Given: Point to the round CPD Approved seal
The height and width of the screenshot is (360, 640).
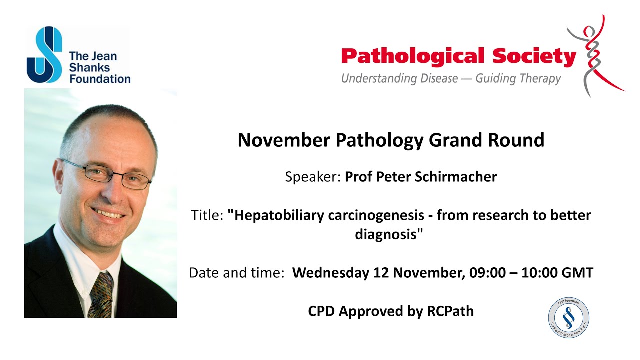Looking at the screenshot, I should [568, 318].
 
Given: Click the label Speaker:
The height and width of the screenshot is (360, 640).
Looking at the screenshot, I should [313, 177].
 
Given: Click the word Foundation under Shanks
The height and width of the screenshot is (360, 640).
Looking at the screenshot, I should [100, 79].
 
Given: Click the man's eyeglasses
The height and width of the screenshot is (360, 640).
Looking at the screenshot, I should [107, 174].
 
